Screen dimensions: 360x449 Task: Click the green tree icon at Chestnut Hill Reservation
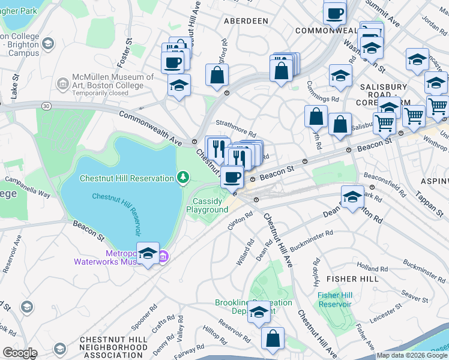pos(183,177)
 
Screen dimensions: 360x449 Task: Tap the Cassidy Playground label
pos(207,206)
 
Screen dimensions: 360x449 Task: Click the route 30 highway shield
pos(46,106)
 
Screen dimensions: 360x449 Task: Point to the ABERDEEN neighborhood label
pos(246,21)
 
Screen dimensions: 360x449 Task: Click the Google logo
pos(20,352)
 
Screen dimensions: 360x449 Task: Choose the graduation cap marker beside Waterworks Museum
pos(148,254)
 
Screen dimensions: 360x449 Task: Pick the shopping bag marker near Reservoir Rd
pos(273,338)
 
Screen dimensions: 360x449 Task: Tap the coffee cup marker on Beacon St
pos(232,176)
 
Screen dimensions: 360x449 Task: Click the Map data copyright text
pos(412,355)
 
